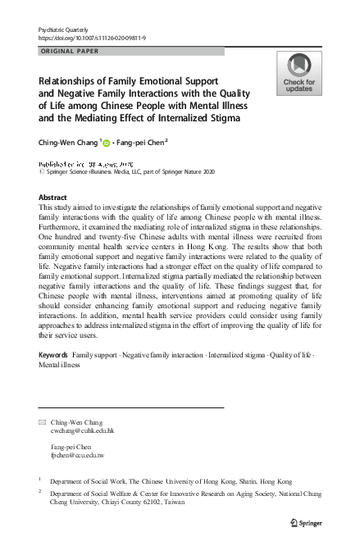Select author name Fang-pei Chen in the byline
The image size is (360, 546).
[x=139, y=143]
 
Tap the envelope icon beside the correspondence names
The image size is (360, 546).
[x=43, y=421]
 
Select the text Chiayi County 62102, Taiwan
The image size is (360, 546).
[x=152, y=504]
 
